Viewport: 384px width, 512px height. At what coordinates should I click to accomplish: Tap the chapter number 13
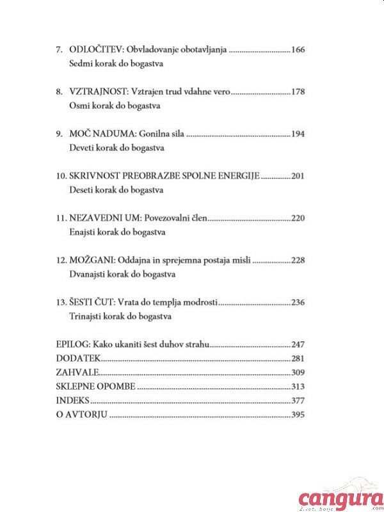tap(61, 303)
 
